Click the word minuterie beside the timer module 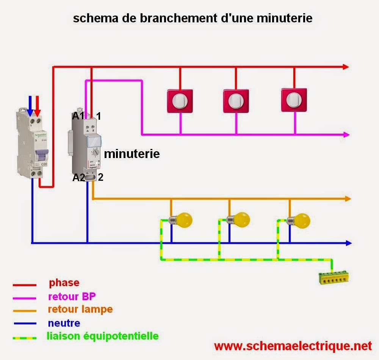132,154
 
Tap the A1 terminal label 78,116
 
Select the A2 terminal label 79,177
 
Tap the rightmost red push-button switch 293,100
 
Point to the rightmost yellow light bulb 301,220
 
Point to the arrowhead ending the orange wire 348,199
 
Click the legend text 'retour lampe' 80,309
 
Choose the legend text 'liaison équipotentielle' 102,336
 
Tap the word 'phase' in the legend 64,283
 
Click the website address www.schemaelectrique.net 293,346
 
